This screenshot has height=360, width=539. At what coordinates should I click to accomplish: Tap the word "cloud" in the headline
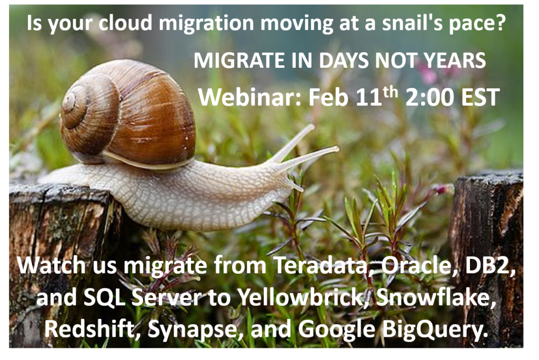pos(125,23)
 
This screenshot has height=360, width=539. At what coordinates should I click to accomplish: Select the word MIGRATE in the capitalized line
pos(239,61)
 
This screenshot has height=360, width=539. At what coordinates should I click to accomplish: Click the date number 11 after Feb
pos(369,97)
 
